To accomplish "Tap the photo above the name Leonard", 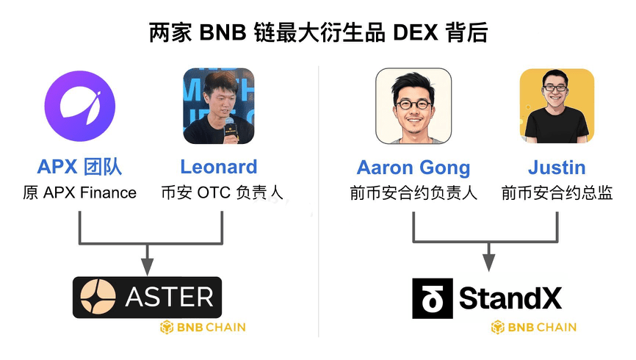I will [219, 106].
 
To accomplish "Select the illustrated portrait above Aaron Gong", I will [413, 106].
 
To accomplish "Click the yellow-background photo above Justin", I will [556, 106].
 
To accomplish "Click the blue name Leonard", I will [219, 168].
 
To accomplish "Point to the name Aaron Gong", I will [413, 168].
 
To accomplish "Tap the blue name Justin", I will [556, 168].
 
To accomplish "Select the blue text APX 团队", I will [80, 168].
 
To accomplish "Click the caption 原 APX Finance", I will [80, 193].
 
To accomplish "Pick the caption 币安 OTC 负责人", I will [222, 193].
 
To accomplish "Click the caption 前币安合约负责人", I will [413, 193].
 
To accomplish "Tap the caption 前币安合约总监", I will [557, 193].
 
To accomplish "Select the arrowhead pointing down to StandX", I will [488, 262].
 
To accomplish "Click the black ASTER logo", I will [148, 297].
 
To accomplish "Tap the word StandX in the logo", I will [510, 298].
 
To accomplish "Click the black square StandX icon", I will [430, 298].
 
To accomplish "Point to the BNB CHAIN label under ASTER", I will [203, 327].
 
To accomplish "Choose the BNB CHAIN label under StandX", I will [534, 327].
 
